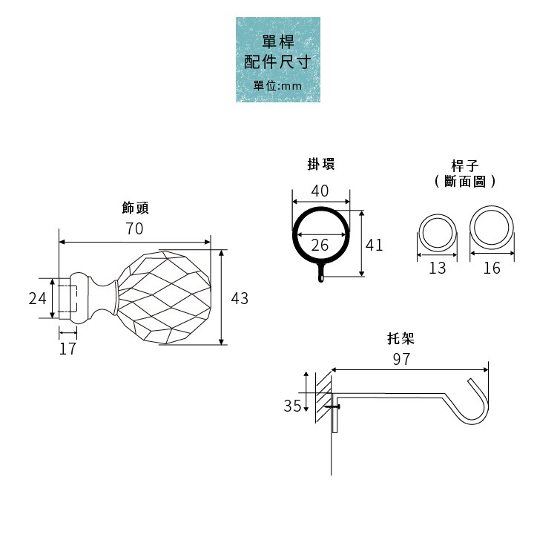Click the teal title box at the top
point(278,59)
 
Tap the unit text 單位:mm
point(278,86)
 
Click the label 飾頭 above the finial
point(135,207)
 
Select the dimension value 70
point(134,228)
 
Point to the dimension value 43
point(239,298)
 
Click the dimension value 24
point(37,298)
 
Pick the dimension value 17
point(67,348)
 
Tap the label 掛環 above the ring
point(321,165)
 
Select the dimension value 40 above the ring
point(320,191)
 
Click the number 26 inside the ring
point(320,245)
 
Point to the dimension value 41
point(375,245)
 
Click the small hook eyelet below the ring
point(321,277)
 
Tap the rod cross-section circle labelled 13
point(438,233)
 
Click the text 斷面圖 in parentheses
point(464,180)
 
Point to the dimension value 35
point(292,406)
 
